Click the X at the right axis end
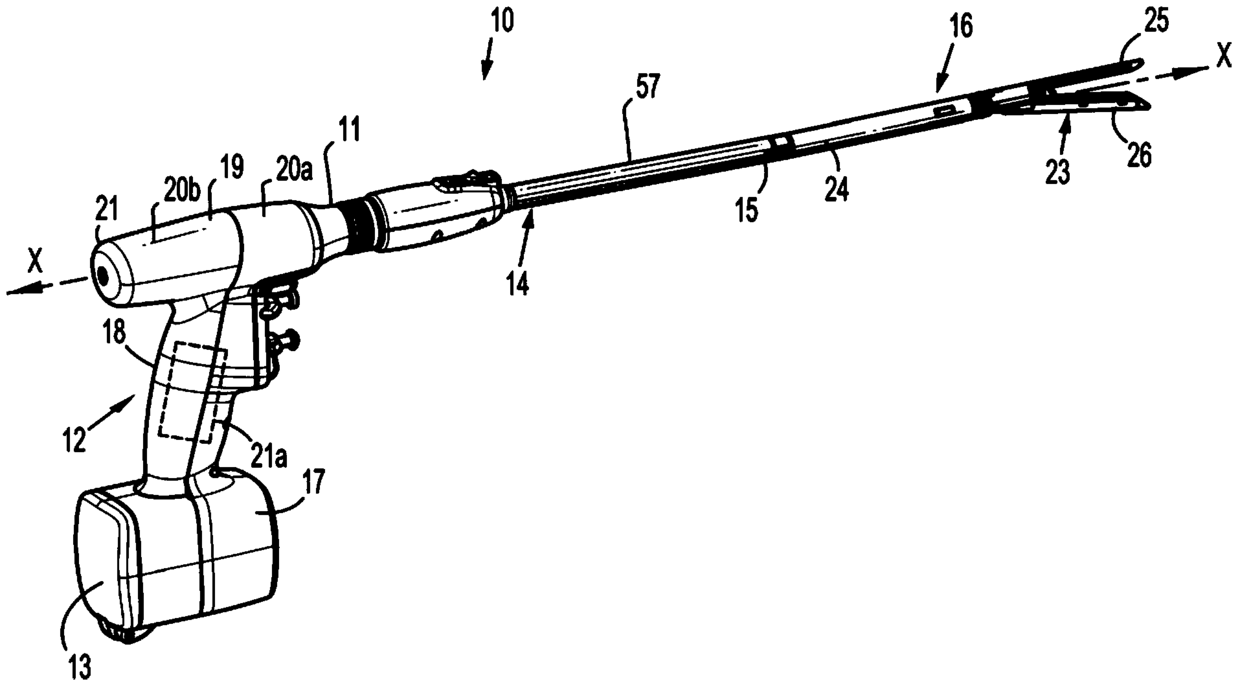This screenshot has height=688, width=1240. tap(1222, 57)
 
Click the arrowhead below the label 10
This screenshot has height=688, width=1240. tap(487, 71)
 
